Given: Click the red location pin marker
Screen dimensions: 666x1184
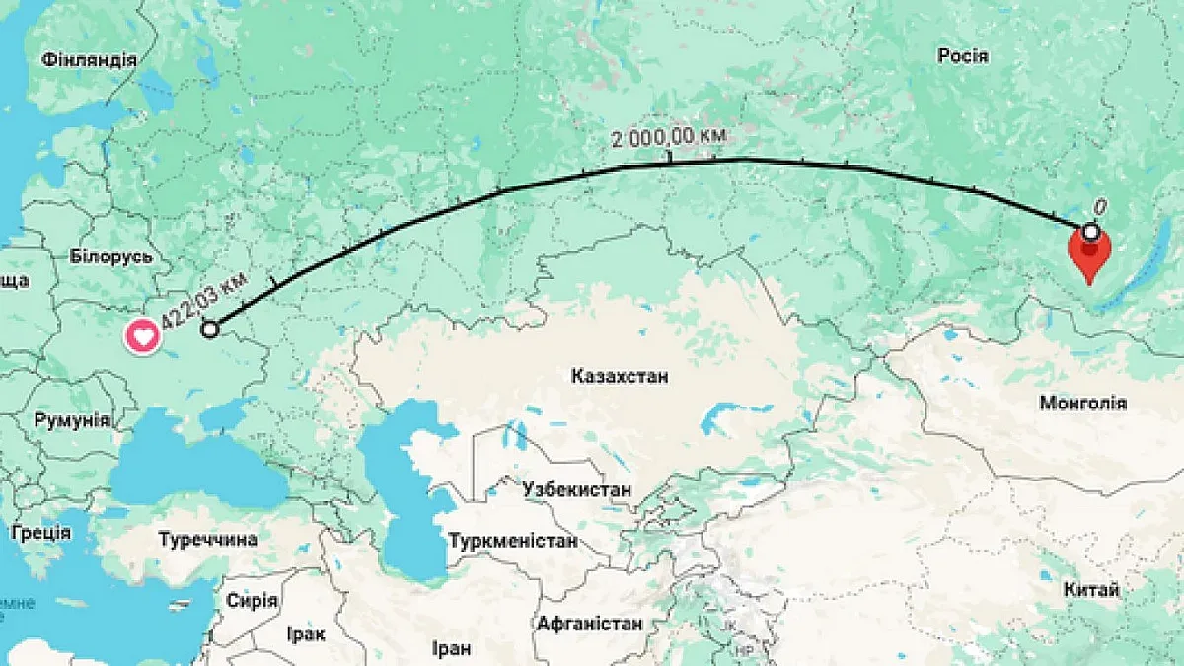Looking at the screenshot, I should (1089, 253).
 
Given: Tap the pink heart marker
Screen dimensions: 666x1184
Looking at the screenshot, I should (143, 337).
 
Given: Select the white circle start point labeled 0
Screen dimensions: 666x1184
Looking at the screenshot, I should (1091, 232).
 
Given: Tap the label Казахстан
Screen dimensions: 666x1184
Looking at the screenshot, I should (620, 376).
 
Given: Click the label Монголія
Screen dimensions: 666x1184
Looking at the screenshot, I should (1082, 403).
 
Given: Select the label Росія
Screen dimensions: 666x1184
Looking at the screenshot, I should (963, 56).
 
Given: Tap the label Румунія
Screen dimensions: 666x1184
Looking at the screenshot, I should (72, 420).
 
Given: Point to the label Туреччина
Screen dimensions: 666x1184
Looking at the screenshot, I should (208, 540).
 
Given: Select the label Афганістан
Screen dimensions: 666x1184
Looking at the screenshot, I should (590, 624).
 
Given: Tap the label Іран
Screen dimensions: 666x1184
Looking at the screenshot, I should (451, 648).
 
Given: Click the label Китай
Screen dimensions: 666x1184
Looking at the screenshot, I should (1092, 590).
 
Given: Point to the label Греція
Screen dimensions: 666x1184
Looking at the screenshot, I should (40, 533).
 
